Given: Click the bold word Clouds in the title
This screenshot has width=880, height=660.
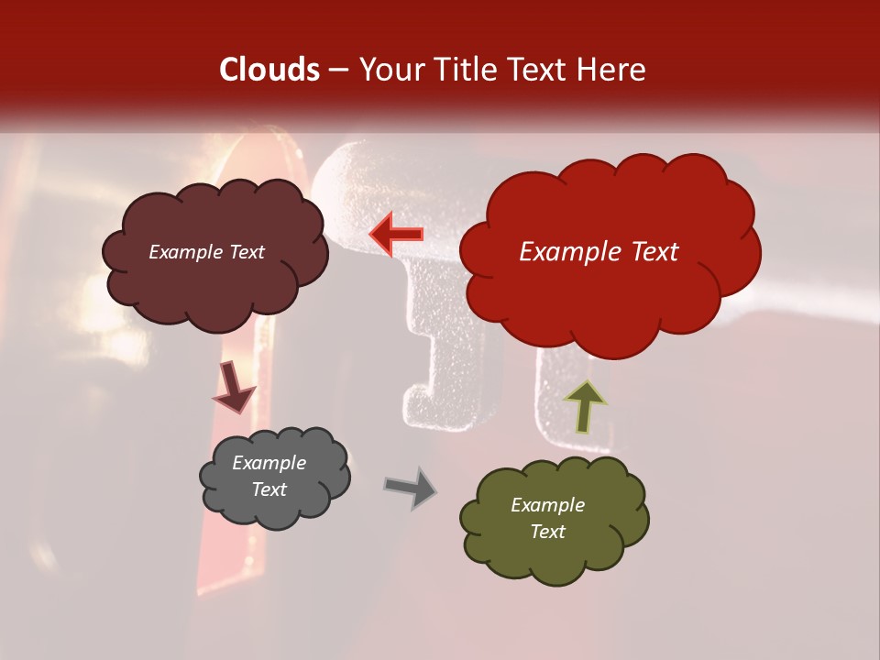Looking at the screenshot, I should tap(269, 70).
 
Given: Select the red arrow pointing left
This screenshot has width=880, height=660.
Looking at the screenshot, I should tap(397, 234).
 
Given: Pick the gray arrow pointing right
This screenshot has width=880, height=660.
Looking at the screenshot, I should tap(411, 488).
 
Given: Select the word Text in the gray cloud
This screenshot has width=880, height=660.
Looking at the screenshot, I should tap(269, 489).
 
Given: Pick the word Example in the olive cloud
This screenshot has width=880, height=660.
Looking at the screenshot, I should tap(547, 505).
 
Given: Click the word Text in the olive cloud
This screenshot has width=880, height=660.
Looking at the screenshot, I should tap(547, 532).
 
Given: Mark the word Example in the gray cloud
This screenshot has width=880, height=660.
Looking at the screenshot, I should tap(269, 463).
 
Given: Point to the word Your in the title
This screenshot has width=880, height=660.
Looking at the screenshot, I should tap(392, 70).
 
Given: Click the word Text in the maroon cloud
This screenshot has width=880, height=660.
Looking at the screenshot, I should tap(245, 252).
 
